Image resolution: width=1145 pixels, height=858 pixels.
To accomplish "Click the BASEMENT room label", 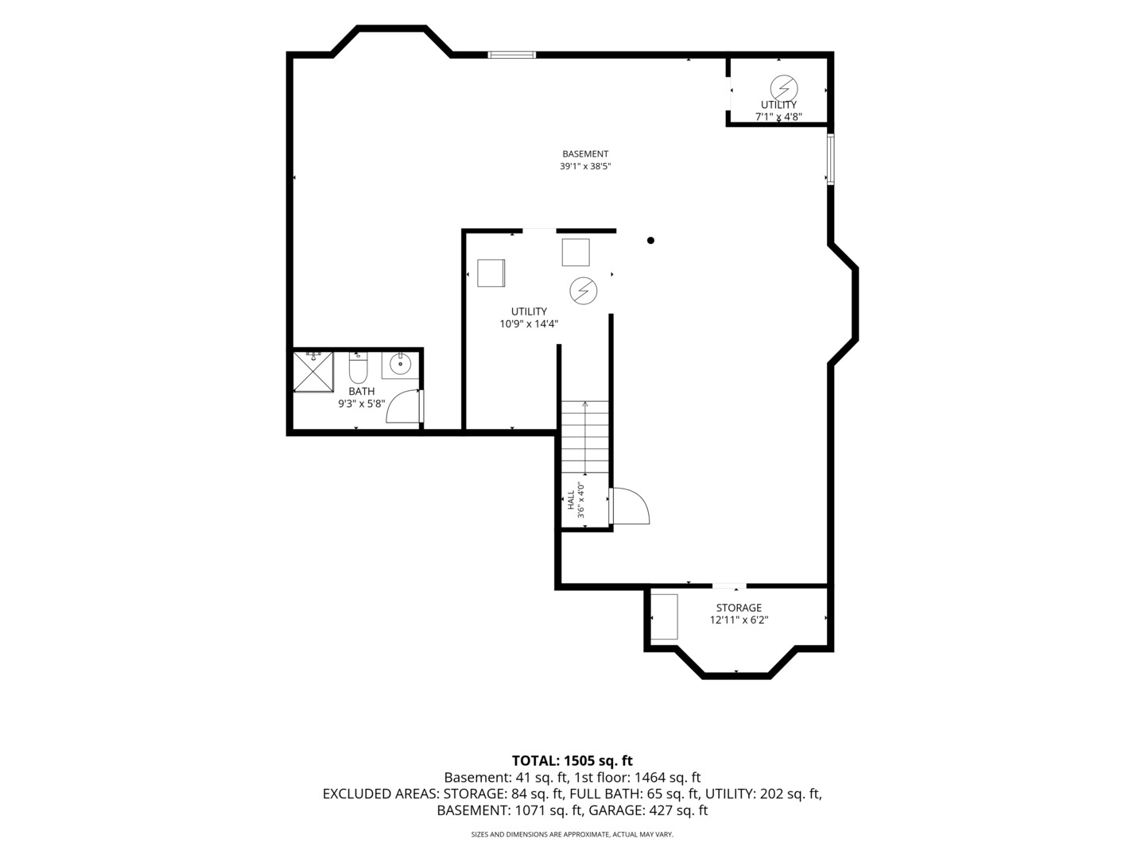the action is point(584,153).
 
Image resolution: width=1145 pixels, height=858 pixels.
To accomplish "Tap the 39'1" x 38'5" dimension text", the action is point(584,166).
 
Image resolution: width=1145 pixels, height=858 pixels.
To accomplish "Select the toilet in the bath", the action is point(358,367).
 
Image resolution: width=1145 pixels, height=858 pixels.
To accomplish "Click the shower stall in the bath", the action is point(313,372).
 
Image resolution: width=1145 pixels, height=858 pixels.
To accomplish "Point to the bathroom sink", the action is point(400,364).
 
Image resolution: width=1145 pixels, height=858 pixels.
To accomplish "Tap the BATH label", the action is point(362,391).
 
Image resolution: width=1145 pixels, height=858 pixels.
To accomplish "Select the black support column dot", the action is point(650,240).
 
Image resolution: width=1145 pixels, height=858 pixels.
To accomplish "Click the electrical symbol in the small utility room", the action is point(784,87).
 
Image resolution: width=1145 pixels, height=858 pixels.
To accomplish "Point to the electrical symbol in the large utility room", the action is point(583,291).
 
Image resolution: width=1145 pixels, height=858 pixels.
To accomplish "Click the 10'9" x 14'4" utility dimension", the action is point(529,323).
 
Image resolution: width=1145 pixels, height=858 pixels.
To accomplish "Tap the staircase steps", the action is point(584,437).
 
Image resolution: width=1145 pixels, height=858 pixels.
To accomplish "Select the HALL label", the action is point(571,500).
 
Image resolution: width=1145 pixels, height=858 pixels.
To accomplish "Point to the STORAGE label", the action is point(739,608).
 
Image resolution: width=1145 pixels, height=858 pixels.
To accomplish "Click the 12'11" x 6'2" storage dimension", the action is point(739,620).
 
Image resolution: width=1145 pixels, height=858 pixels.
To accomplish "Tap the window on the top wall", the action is point(512,55).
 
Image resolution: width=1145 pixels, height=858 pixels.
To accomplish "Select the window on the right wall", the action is point(830,159).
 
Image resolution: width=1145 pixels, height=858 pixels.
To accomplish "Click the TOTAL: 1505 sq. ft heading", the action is point(572,760).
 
